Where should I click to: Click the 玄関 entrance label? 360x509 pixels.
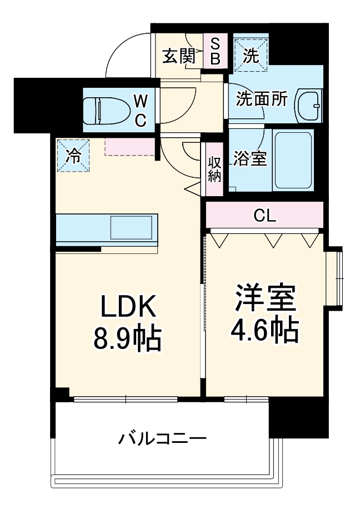[178, 56]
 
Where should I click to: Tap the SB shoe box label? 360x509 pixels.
[215, 50]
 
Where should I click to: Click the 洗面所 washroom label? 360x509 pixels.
[262, 99]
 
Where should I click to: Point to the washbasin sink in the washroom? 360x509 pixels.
[309, 104]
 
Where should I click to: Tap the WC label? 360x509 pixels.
[141, 109]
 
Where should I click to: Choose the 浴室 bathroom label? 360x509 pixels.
[249, 159]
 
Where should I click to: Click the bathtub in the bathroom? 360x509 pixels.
[293, 159]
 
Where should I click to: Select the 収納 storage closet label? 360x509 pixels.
[214, 169]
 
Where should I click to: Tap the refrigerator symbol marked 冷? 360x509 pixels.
[72, 156]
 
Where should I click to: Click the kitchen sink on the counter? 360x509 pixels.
[132, 227]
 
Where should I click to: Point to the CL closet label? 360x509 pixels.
[264, 216]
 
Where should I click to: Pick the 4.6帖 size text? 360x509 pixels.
[264, 331]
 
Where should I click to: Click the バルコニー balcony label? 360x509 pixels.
[162, 438]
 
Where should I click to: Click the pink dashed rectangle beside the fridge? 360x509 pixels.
[129, 147]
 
